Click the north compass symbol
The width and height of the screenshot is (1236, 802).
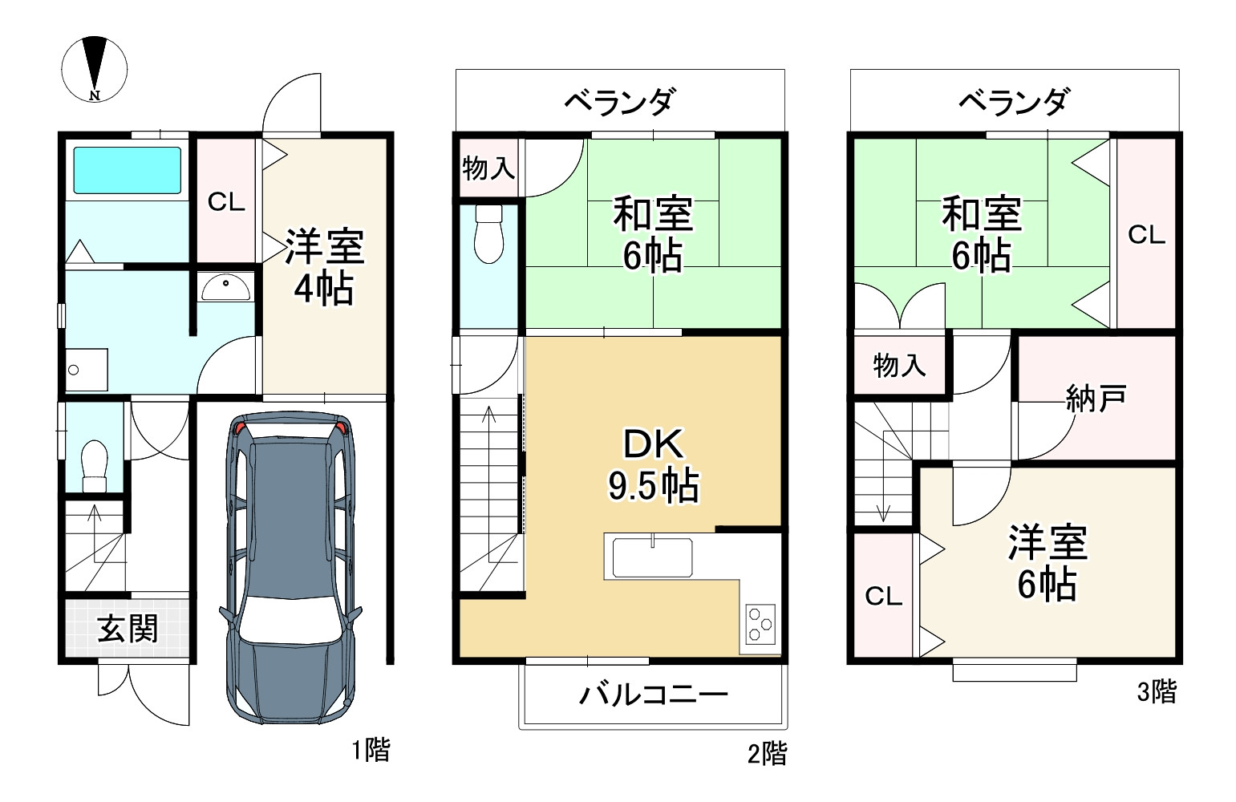[95, 69]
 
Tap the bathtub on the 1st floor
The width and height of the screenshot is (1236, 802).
[128, 170]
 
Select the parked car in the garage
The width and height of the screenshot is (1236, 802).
[290, 568]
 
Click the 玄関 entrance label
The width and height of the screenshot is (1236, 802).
[128, 628]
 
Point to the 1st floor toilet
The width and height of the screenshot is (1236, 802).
[95, 466]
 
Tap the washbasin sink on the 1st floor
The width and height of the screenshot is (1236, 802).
[225, 287]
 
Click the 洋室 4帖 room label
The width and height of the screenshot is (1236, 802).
[325, 268]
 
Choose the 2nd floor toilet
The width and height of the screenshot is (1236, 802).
[489, 234]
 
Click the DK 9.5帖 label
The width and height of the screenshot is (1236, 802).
[654, 465]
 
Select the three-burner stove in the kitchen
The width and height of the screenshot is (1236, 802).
[760, 625]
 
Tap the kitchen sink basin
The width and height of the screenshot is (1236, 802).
[652, 557]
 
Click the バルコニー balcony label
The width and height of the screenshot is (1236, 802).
[654, 695]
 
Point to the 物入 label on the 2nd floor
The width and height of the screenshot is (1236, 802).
[489, 168]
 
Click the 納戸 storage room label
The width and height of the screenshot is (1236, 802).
[1096, 398]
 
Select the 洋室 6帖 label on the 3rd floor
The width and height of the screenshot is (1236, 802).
[1048, 563]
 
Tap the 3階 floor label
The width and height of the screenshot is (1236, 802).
[1157, 691]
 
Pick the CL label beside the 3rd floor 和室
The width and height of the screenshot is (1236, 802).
[1147, 235]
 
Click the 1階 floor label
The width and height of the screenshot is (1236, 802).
[371, 750]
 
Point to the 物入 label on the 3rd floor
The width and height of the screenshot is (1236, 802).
[899, 365]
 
